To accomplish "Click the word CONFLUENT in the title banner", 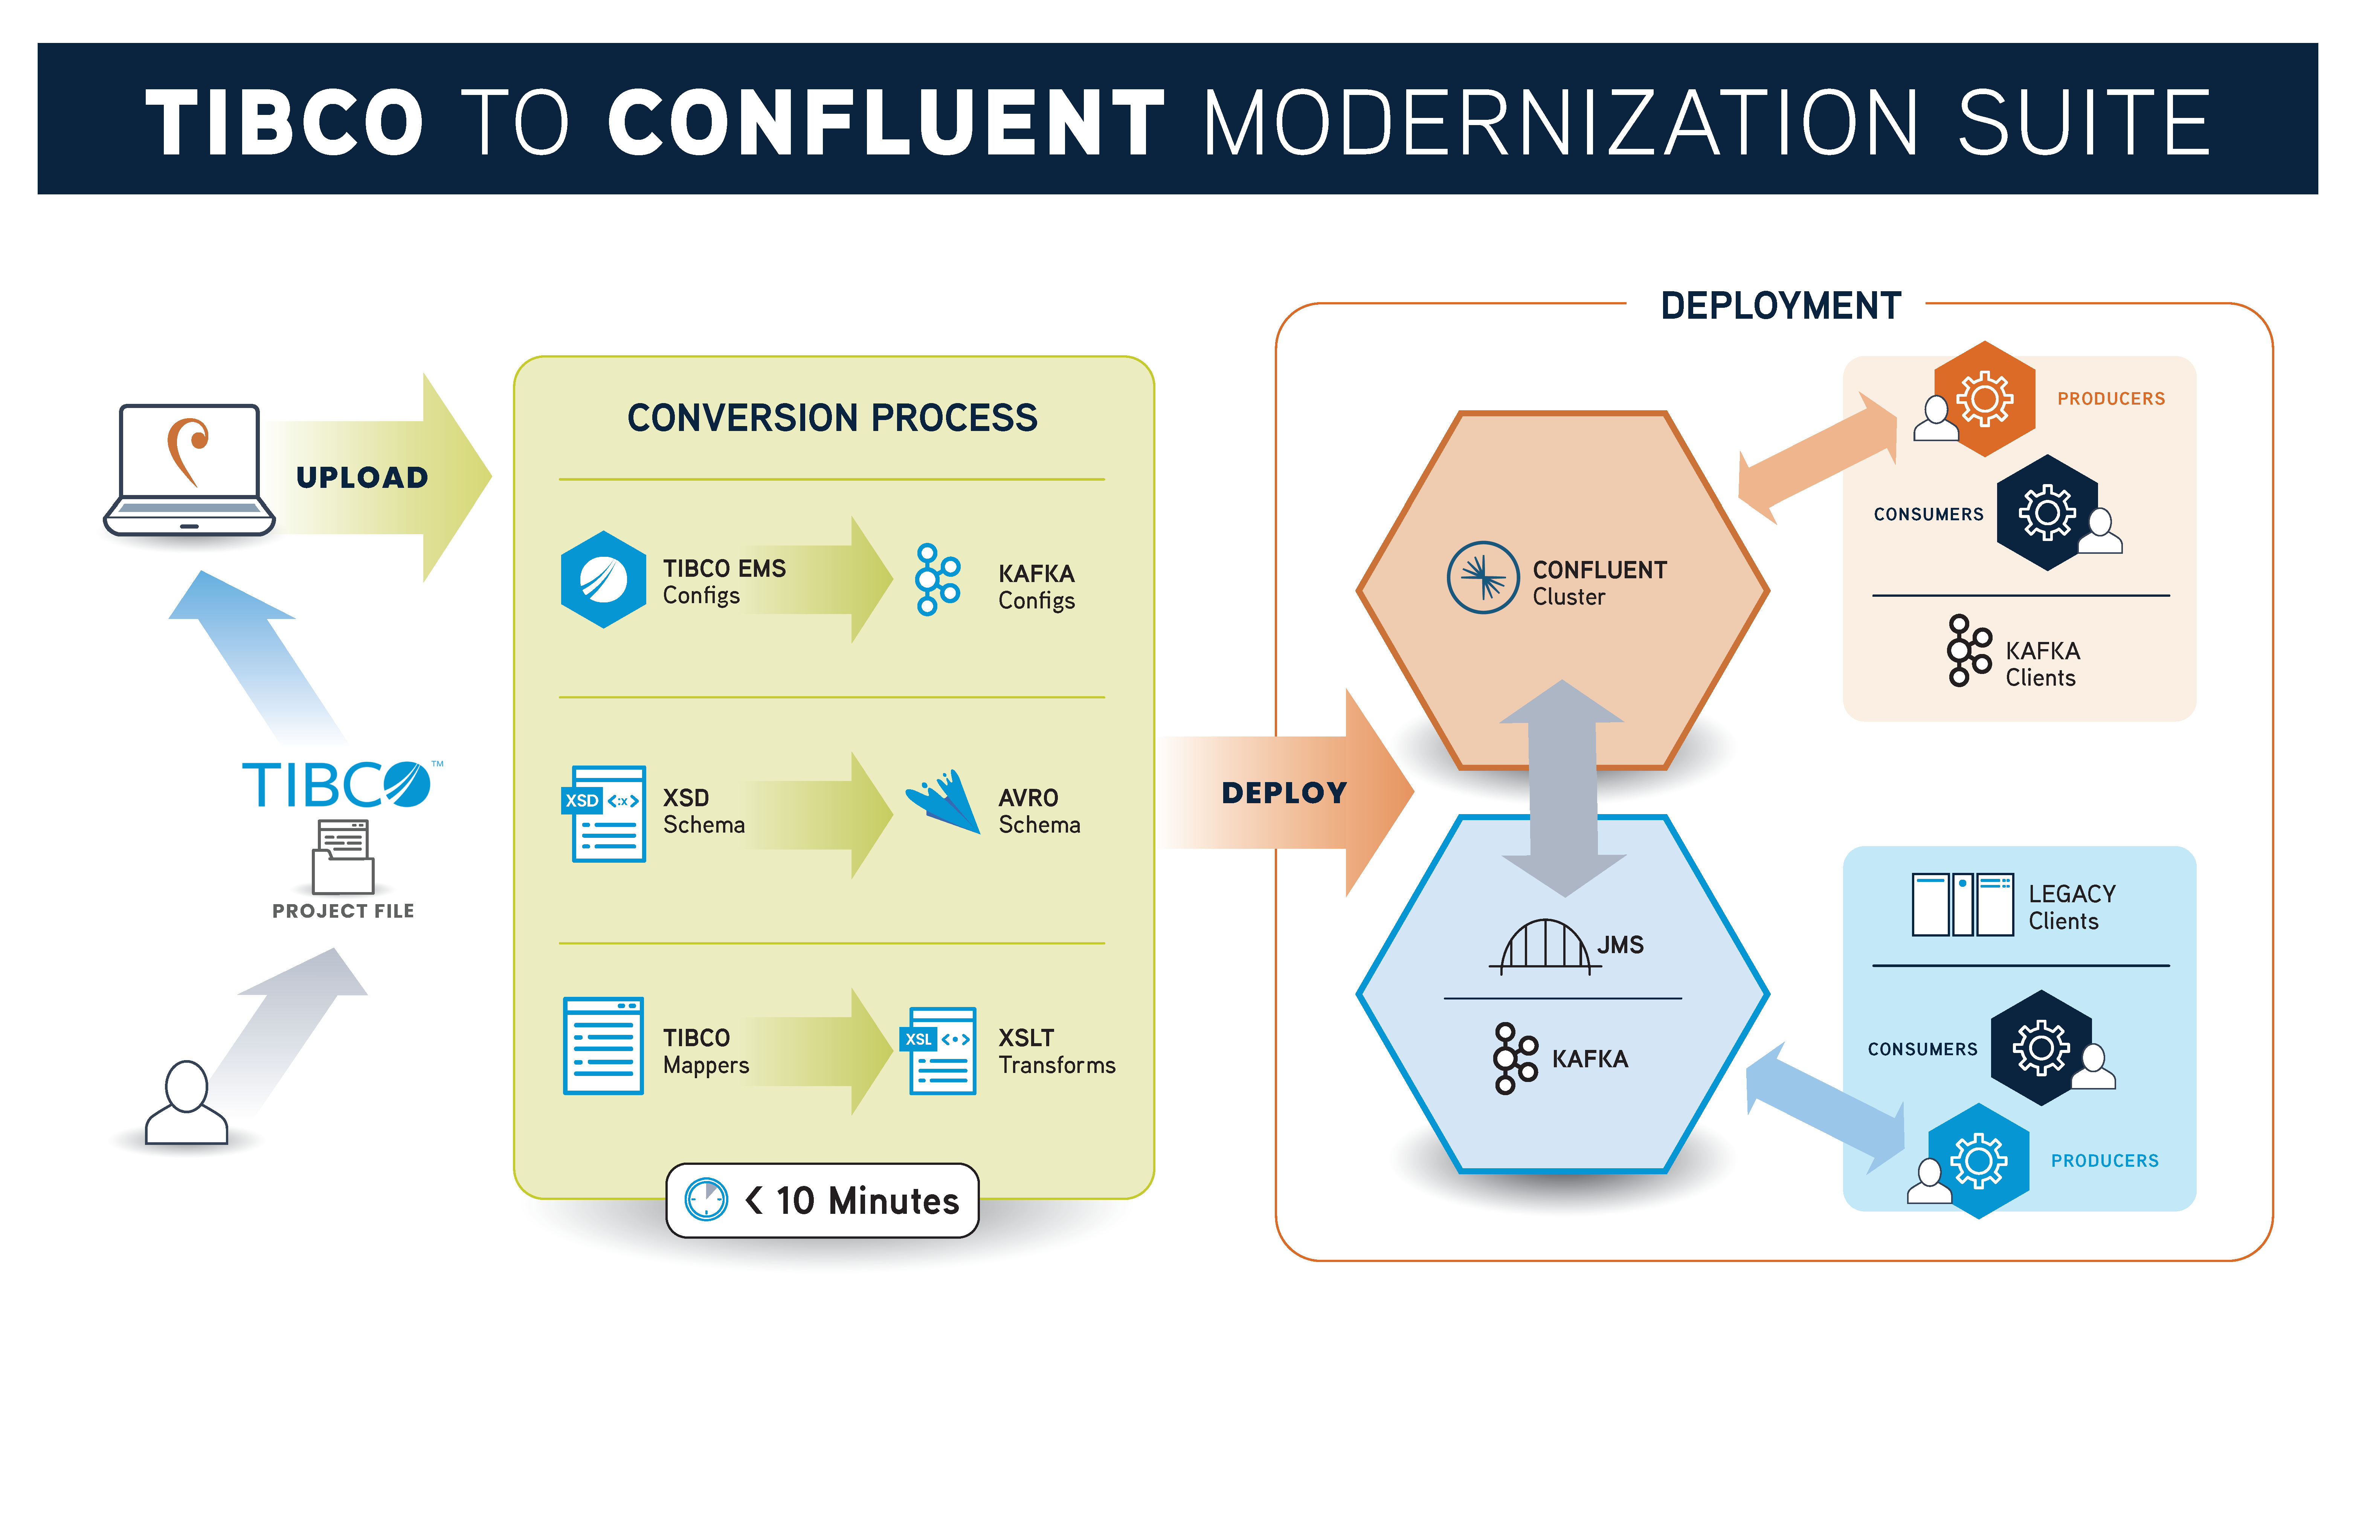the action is click(x=886, y=123).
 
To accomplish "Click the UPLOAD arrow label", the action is click(x=362, y=477).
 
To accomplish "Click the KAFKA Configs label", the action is click(x=1035, y=587).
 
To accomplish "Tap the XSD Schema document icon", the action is click(x=606, y=814).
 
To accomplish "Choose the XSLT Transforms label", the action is click(x=1055, y=1052).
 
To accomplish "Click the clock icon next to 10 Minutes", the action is click(x=707, y=1200).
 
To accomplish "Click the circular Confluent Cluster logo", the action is click(x=1482, y=577).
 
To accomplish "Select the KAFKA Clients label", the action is click(x=2041, y=665).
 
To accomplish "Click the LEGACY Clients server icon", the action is click(x=1962, y=904).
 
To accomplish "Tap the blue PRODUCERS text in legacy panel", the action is click(x=2104, y=1161).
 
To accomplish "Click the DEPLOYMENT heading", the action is click(x=1780, y=306).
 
